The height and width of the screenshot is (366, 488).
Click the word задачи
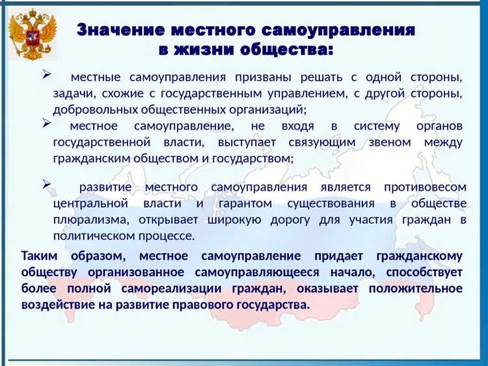click(x=72, y=94)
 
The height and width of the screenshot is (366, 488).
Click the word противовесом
click(x=424, y=188)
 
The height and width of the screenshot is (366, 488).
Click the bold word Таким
click(x=41, y=256)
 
